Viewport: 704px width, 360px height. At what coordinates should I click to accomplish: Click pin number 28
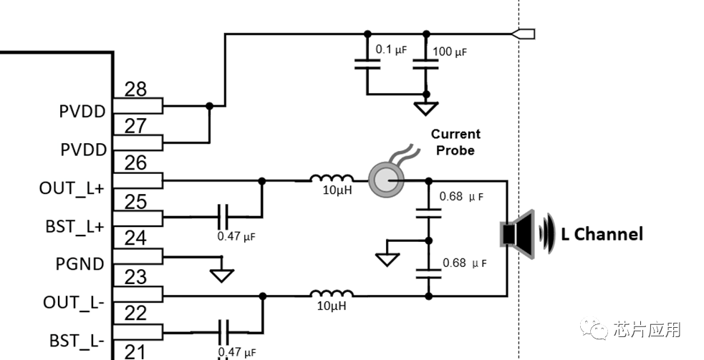[135, 89]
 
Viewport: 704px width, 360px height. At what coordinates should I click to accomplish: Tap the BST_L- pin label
[77, 339]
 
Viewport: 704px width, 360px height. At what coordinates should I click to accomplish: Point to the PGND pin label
[79, 264]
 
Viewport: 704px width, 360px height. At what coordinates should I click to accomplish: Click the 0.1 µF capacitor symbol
[367, 64]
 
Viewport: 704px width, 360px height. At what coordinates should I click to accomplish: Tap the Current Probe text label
[455, 142]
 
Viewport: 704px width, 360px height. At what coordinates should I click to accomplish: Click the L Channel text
[602, 233]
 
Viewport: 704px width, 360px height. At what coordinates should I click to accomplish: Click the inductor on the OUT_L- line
[331, 293]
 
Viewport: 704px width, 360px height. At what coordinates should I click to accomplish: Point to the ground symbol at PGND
[222, 274]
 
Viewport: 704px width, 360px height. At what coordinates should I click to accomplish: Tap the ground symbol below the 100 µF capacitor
[426, 109]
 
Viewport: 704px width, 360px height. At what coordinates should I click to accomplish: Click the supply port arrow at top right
[524, 33]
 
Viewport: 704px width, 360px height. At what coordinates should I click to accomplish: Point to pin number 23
[135, 276]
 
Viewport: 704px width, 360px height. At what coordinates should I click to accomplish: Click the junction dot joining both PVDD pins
[209, 106]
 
